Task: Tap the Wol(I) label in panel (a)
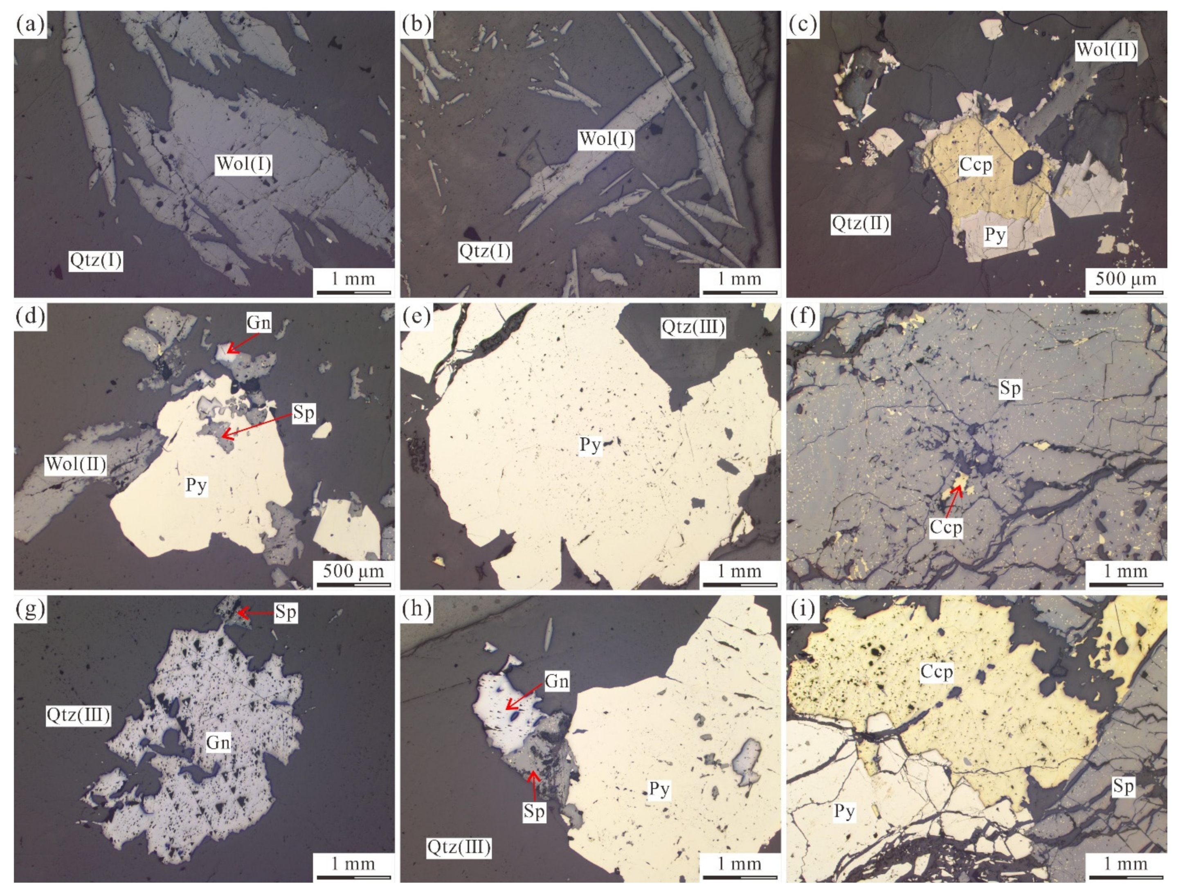point(244,164)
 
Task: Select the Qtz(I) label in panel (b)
point(485,251)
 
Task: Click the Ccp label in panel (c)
point(976,165)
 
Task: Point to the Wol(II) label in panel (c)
point(1106,50)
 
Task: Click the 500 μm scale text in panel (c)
point(1126,279)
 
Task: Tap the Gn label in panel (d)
point(258,322)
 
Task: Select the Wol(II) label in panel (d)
point(76,464)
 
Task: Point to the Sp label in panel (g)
point(286,612)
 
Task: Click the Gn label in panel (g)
point(218,742)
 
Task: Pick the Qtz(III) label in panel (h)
point(459,846)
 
